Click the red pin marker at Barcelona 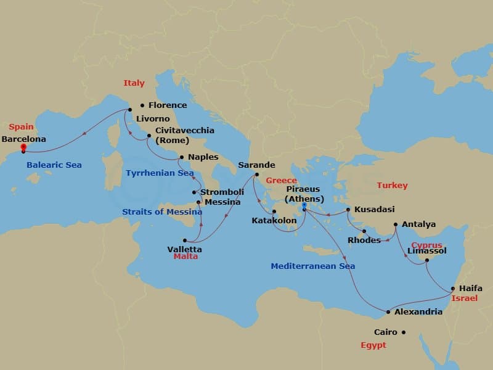[23, 148]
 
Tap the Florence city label [167, 105]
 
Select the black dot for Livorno [130, 110]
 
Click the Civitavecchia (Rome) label [176, 135]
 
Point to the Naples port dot [180, 158]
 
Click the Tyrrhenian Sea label [160, 173]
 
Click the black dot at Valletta [184, 240]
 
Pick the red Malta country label [185, 256]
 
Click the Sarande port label [256, 165]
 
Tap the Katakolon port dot [274, 212]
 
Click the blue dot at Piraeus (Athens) [304, 205]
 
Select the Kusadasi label [374, 210]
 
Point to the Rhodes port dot [364, 232]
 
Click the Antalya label [418, 224]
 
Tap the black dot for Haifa [453, 289]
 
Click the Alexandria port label [418, 312]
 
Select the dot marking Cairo [404, 332]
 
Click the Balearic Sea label [54, 165]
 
